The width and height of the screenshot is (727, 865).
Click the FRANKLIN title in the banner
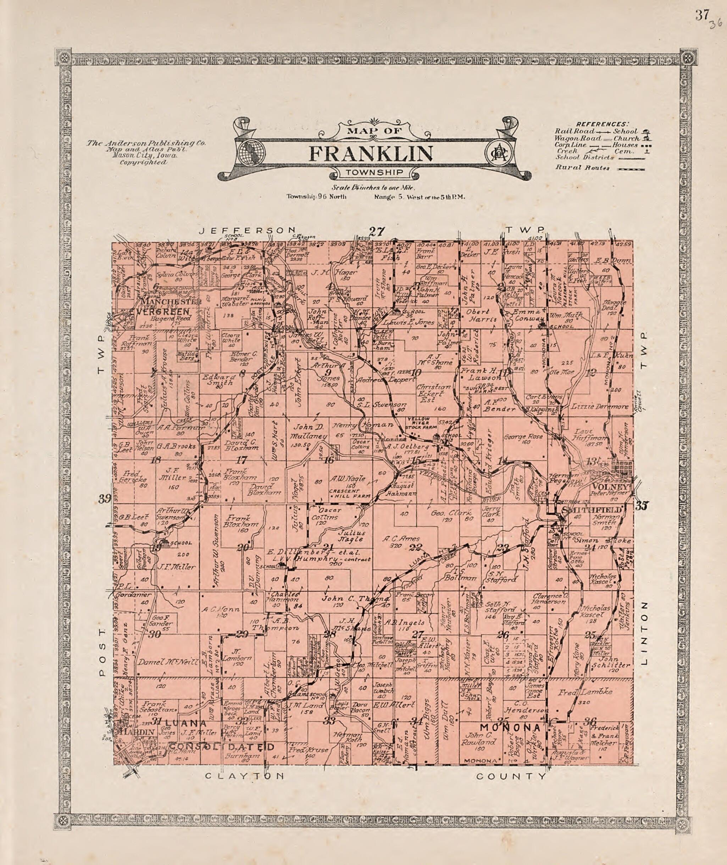[371, 153]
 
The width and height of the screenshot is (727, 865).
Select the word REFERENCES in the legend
[602, 124]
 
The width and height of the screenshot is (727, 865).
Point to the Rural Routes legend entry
[582, 167]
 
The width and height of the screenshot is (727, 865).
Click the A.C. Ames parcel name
[401, 539]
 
